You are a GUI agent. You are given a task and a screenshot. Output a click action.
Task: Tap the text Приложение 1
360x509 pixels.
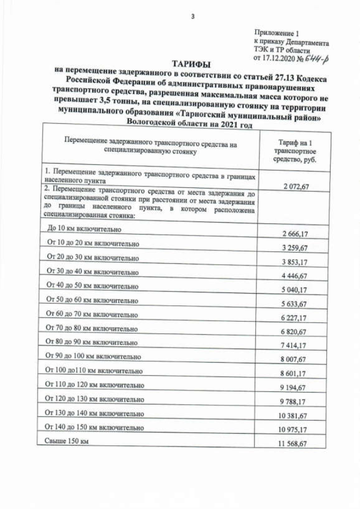277,34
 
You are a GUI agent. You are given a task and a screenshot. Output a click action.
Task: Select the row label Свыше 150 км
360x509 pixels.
66,442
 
